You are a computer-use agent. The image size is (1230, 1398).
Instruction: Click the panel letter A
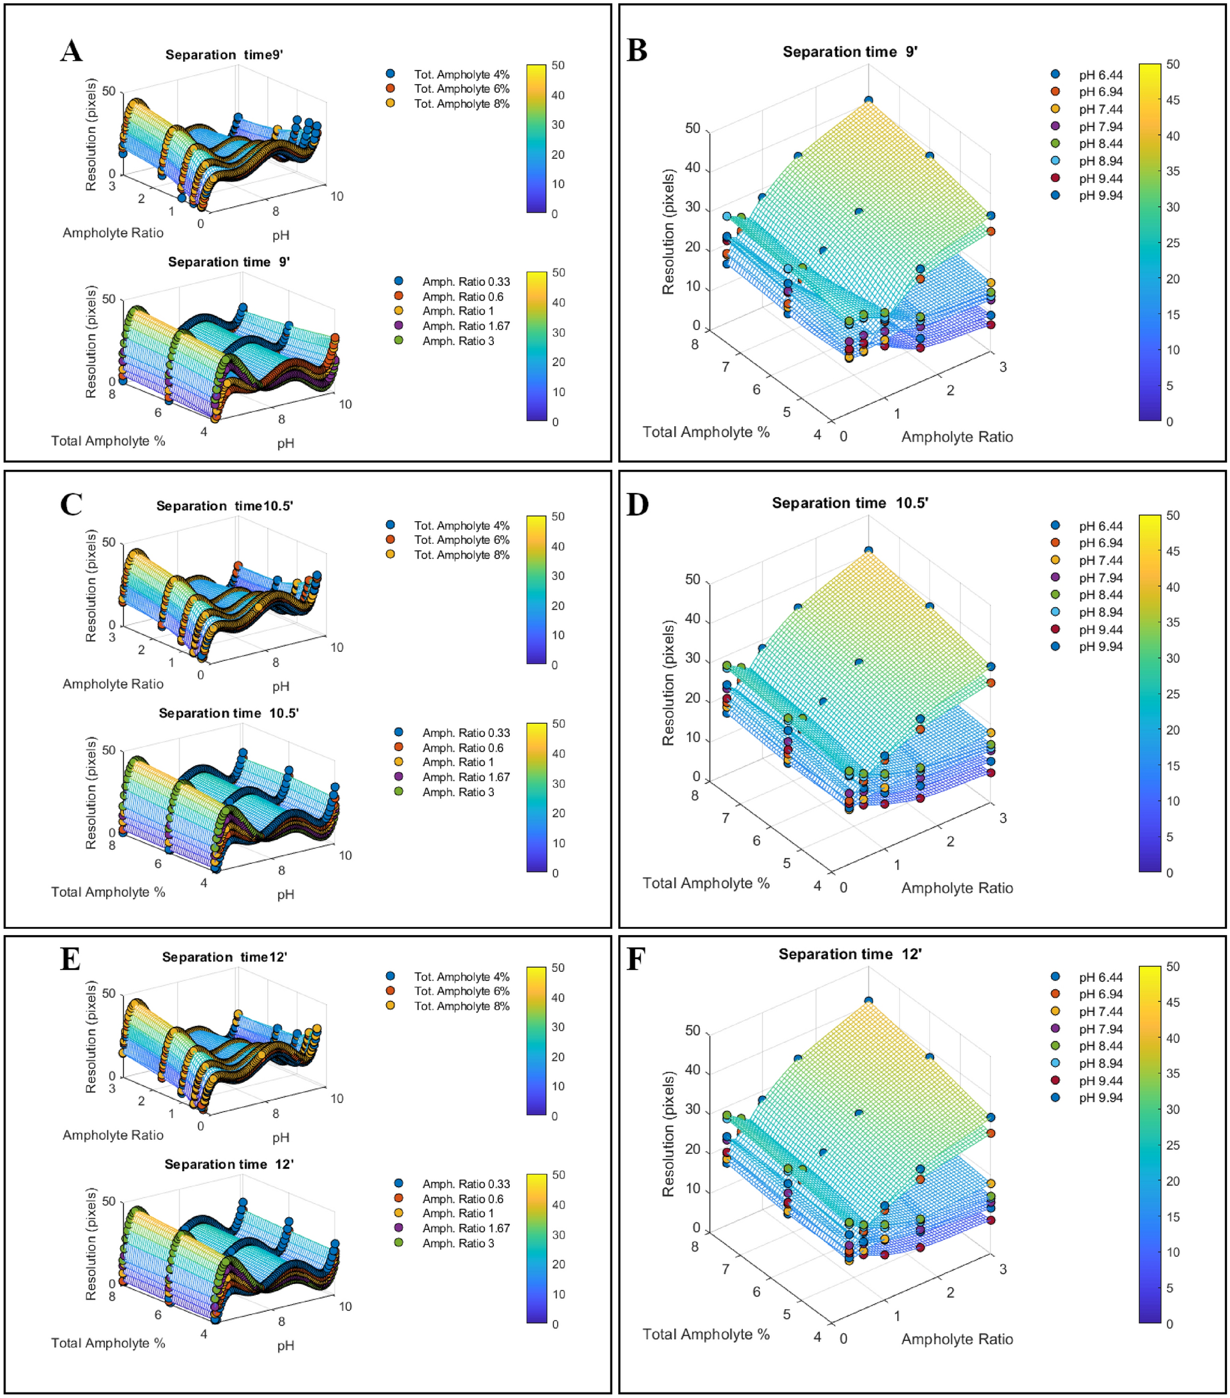[x=71, y=52]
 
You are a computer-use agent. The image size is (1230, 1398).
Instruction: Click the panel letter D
[x=637, y=504]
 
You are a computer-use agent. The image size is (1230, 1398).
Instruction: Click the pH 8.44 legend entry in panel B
[x=1100, y=143]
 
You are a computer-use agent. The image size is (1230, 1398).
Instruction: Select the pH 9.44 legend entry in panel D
[x=1100, y=629]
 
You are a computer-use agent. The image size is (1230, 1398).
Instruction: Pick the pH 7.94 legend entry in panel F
[x=1100, y=1029]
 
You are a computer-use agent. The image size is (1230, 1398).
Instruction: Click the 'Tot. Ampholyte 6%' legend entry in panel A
[x=461, y=89]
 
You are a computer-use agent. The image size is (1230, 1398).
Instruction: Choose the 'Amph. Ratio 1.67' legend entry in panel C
[x=466, y=777]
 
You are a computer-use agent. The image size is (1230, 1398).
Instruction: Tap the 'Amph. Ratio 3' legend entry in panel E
[x=457, y=1243]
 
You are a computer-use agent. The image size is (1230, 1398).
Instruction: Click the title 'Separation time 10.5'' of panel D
[x=850, y=503]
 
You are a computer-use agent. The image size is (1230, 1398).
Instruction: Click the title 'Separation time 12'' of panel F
[x=850, y=953]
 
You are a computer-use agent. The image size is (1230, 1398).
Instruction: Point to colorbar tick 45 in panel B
[x=1172, y=100]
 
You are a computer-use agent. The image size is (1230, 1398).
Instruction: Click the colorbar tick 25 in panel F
[x=1172, y=1145]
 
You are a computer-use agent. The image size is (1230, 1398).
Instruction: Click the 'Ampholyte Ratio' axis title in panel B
[x=957, y=437]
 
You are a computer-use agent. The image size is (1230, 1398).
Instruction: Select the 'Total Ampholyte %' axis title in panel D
[x=705, y=883]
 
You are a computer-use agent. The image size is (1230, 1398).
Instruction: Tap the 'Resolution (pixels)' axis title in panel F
[x=668, y=1133]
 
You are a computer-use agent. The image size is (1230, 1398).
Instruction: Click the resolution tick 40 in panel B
[x=692, y=167]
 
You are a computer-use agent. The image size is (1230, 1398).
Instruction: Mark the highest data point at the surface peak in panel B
[x=868, y=101]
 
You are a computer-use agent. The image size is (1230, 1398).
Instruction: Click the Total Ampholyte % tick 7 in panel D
[x=726, y=818]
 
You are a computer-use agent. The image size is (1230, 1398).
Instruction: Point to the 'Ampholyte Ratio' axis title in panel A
[x=113, y=233]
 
